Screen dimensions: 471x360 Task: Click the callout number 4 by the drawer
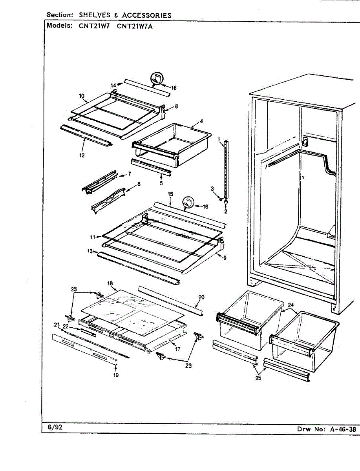pos(201,121)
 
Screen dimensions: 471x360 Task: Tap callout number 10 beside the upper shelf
pos(82,96)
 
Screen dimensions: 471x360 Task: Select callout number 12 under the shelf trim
pos(82,155)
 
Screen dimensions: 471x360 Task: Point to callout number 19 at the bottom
pos(116,375)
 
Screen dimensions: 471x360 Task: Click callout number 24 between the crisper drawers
pos(291,305)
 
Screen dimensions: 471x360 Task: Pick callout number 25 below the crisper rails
pos(258,378)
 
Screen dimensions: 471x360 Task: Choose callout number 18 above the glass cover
pos(110,283)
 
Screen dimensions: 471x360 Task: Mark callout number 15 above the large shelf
pos(170,194)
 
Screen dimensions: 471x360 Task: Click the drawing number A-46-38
pos(342,429)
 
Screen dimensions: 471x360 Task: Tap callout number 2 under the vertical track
pos(226,212)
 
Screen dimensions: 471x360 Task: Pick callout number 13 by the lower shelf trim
pos(90,251)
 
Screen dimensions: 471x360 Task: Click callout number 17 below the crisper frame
pos(178,349)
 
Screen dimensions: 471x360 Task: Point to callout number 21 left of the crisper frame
pos(57,324)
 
